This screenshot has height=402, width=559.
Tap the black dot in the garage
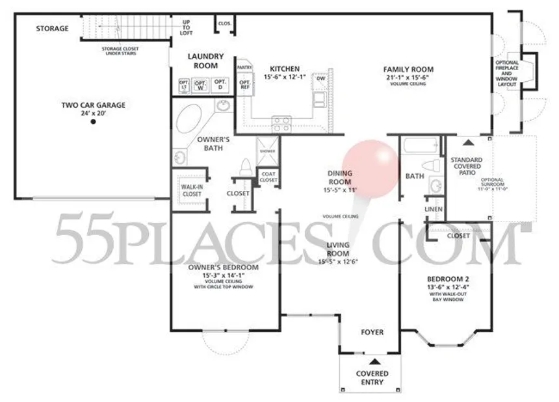click(93, 121)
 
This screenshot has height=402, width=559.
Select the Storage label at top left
click(53, 29)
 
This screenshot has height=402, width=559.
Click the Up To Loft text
click(187, 27)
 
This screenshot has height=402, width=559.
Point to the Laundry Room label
click(206, 61)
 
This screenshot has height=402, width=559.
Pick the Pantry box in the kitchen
click(244, 67)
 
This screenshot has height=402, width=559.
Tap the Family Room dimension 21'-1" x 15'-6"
click(408, 77)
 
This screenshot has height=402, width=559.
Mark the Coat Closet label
click(268, 177)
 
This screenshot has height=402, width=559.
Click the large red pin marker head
click(370, 168)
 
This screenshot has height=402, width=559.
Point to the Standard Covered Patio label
click(467, 167)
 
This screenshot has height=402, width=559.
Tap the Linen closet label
click(434, 210)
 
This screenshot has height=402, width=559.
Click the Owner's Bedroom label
click(223, 268)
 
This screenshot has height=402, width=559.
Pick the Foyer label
click(372, 333)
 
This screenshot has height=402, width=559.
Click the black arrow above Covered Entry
click(373, 360)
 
